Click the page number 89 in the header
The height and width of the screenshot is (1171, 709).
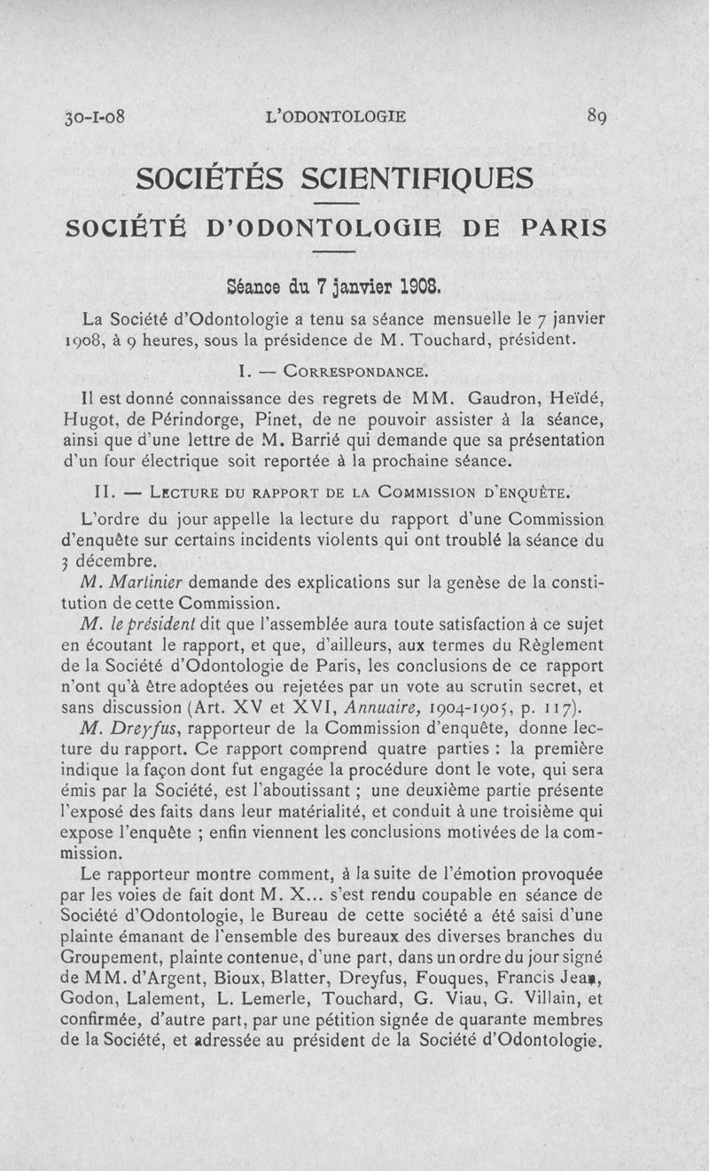pos(596,115)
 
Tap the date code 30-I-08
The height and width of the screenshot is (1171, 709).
pos(92,116)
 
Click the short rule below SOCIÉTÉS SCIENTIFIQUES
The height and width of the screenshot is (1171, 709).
pos(336,206)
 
